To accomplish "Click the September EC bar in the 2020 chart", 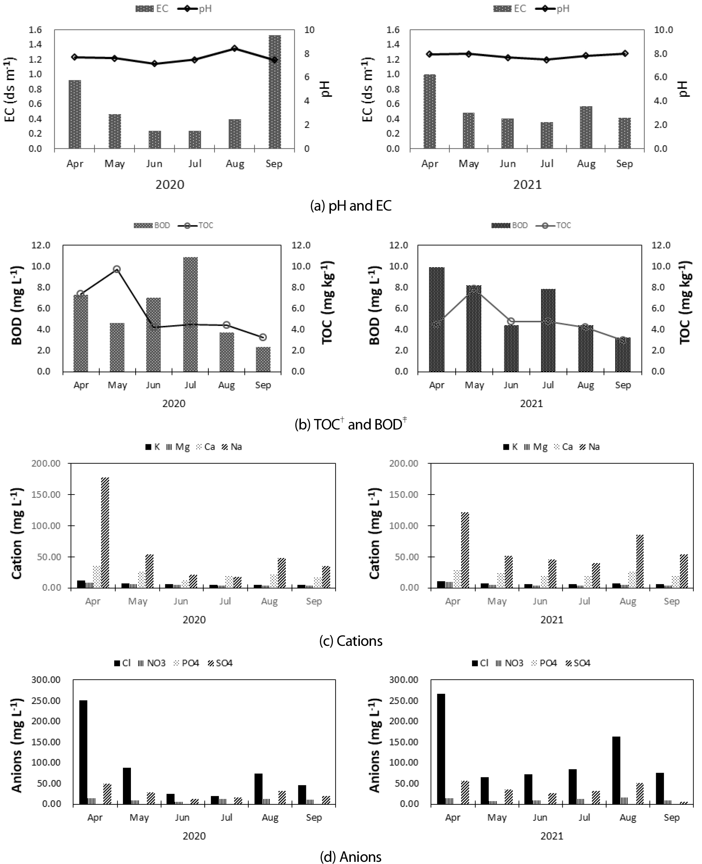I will [x=275, y=92].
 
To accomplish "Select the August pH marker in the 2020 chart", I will [x=234, y=48].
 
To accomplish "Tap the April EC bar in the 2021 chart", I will [x=429, y=112].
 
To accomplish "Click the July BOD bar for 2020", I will [x=190, y=314].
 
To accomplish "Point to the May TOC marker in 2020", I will [x=117, y=269].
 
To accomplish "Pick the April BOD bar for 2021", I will [x=437, y=319].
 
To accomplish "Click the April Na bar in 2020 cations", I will [x=105, y=532].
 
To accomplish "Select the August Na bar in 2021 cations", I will [x=640, y=561].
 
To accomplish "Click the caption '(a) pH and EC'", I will [x=350, y=206].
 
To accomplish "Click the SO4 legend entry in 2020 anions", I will [x=220, y=663].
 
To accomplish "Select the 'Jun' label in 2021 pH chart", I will [x=507, y=164].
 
